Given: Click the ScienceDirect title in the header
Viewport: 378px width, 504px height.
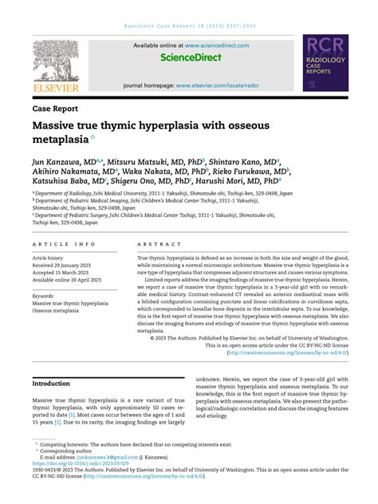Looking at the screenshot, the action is pos(189,58).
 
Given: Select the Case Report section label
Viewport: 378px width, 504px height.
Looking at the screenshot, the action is pos(55,107).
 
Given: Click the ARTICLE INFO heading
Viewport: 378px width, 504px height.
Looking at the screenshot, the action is pos(64,244).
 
